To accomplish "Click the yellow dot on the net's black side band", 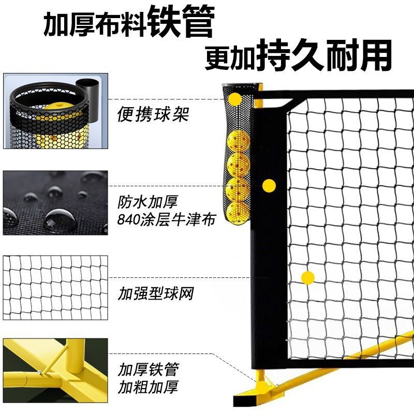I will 268,185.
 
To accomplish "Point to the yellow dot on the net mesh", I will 308,277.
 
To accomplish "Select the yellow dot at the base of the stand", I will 263,387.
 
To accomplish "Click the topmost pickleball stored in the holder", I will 238,140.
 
